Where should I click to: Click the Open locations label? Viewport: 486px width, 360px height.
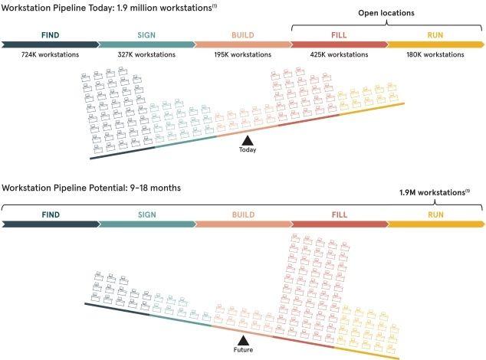(x=386, y=13)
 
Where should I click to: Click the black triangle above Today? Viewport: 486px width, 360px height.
(x=247, y=140)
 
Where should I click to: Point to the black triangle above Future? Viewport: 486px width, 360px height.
(x=242, y=340)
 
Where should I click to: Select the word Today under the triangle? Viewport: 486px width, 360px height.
(x=247, y=150)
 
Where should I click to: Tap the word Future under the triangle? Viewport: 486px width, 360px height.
(x=242, y=350)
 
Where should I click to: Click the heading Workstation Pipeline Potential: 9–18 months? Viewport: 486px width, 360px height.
(x=91, y=188)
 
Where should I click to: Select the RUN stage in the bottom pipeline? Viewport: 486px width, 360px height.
(x=435, y=224)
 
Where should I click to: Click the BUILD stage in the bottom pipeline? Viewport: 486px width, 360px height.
(x=242, y=224)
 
